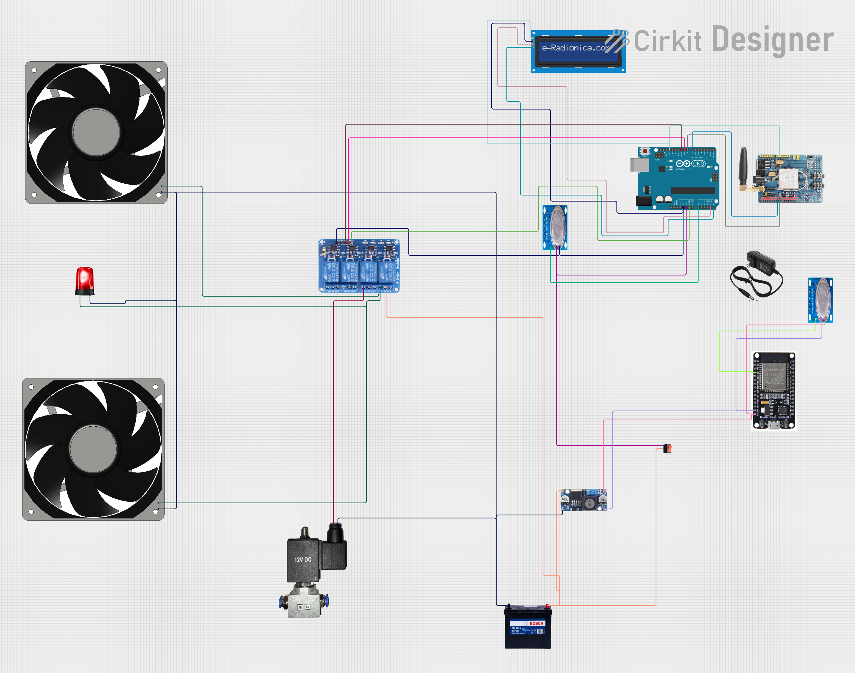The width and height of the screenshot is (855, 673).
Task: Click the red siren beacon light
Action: (85, 281)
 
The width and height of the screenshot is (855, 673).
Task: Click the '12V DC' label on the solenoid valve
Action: (302, 560)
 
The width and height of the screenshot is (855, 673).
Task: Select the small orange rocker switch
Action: (667, 448)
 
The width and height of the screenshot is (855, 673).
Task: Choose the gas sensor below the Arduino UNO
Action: (555, 228)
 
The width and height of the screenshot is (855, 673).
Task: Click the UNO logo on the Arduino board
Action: (698, 163)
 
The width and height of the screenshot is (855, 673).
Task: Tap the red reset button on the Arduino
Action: (645, 151)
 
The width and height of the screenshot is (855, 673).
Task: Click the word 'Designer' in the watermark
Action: (773, 40)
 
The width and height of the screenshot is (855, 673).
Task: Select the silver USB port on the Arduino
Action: (639, 165)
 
